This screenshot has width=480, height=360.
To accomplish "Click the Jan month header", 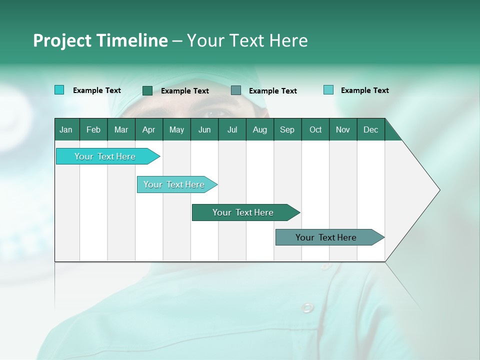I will click(x=66, y=129).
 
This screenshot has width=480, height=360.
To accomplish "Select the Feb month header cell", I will click(x=93, y=129).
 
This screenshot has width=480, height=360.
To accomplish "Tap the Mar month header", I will click(x=121, y=129).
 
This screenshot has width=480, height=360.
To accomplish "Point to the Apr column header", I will click(x=148, y=129).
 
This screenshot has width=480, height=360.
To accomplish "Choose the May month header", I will click(x=176, y=129).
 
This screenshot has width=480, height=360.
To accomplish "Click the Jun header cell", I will click(x=204, y=129).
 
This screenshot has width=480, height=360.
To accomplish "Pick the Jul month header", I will click(x=232, y=129).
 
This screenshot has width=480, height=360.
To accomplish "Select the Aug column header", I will click(x=259, y=129).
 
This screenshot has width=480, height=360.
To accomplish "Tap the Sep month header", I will click(x=287, y=129).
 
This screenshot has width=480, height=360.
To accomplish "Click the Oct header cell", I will click(x=315, y=129).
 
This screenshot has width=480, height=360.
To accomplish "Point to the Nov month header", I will click(x=343, y=129).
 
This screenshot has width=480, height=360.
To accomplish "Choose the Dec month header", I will click(x=370, y=129).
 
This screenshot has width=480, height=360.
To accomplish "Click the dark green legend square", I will click(x=147, y=90).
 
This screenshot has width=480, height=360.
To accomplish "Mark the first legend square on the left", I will click(x=59, y=90).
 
